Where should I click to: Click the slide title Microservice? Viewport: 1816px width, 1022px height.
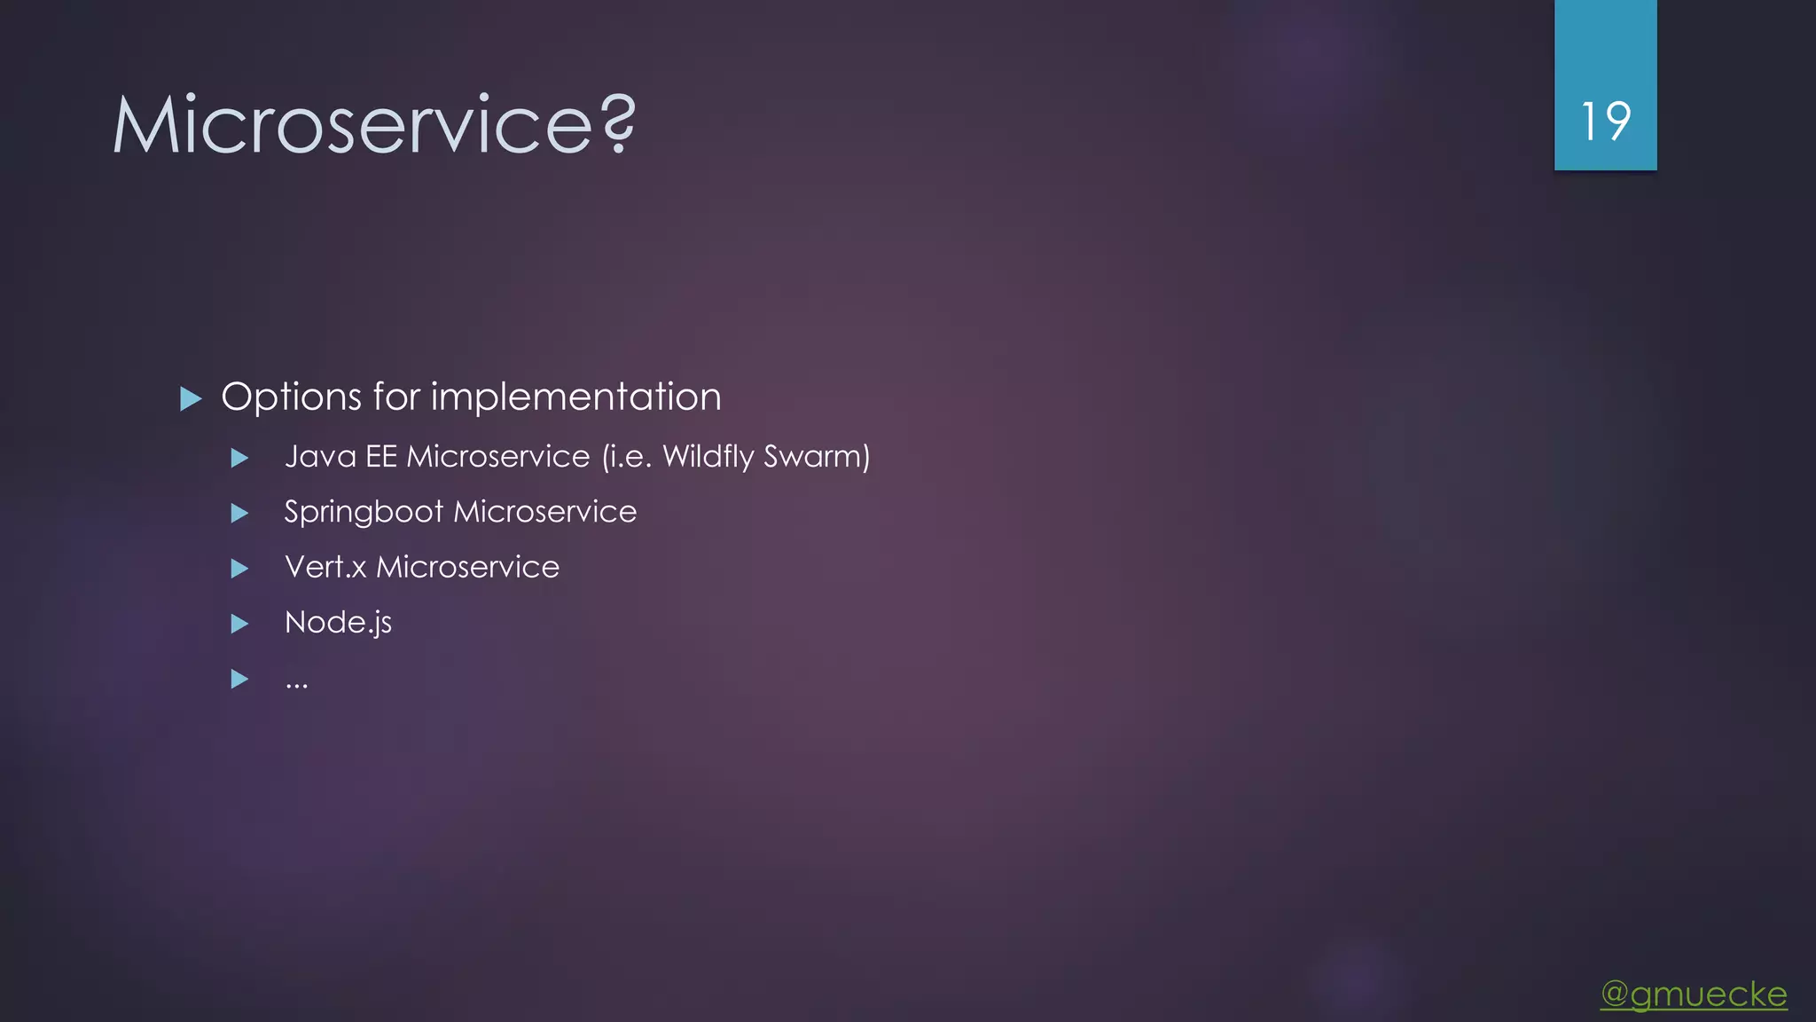(372, 124)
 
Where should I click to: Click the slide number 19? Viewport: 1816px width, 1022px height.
(1605, 122)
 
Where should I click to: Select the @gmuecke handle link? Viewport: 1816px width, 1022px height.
(1694, 994)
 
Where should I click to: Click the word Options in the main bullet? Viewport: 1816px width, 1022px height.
(291, 397)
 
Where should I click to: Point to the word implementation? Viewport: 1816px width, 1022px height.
(575, 397)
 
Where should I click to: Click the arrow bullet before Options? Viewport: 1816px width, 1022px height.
(191, 398)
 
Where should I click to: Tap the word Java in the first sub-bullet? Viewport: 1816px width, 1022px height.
(320, 457)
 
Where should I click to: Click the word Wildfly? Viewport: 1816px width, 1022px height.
(708, 457)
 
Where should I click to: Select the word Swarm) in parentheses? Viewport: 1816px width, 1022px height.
(817, 457)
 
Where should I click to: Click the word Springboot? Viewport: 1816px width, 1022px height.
(364, 513)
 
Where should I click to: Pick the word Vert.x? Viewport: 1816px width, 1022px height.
(325, 567)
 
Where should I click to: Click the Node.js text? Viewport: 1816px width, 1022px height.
(338, 623)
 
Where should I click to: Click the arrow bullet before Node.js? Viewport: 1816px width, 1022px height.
(239, 624)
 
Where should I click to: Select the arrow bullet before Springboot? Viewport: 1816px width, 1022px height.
(239, 513)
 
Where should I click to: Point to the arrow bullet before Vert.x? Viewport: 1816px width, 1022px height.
(239, 568)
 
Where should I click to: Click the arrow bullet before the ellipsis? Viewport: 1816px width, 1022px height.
(239, 679)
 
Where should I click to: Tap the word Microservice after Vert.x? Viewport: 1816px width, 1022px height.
(467, 567)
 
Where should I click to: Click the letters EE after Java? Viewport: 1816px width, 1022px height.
(381, 457)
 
